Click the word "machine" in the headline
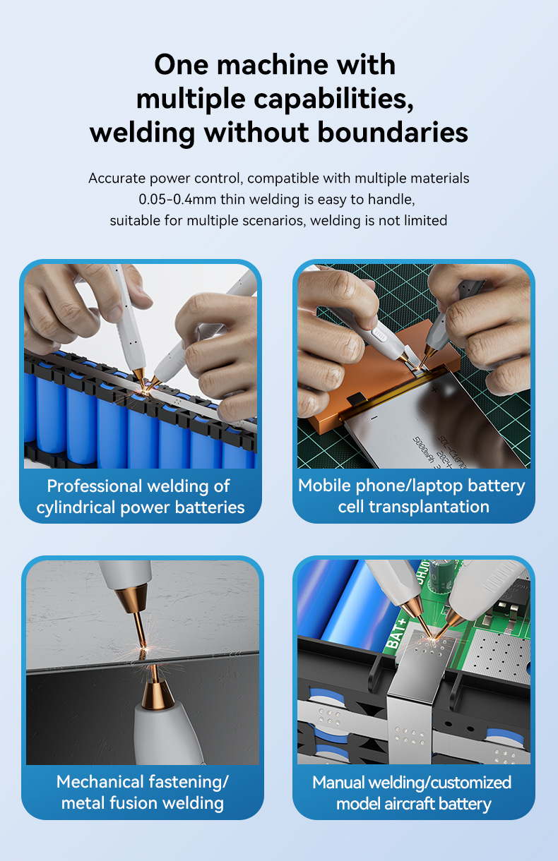click(273, 65)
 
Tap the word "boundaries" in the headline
click(393, 133)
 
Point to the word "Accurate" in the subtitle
click(117, 179)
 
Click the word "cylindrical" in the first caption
click(76, 507)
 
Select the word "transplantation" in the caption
click(429, 507)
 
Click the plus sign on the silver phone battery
click(434, 390)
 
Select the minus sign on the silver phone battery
click(374, 418)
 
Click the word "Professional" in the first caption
click(95, 486)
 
